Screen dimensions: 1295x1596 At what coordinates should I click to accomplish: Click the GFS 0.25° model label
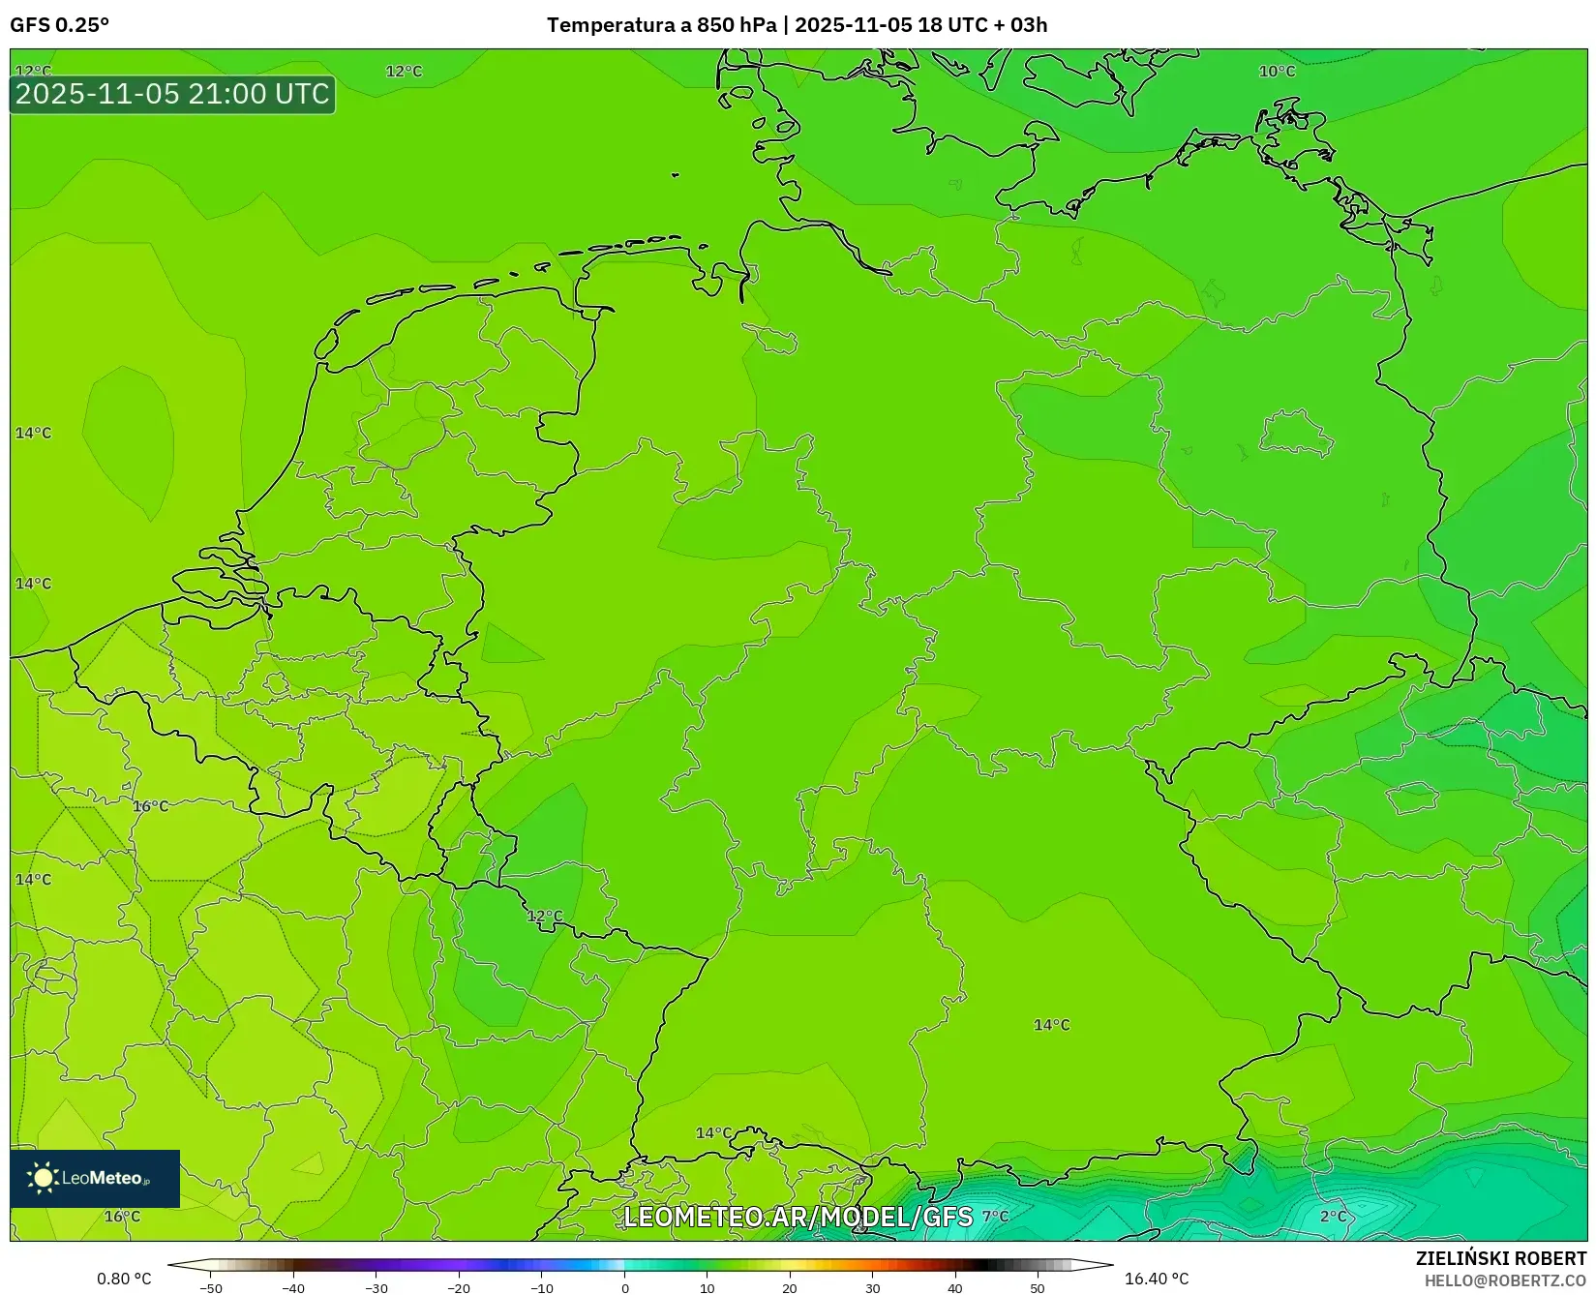click(x=59, y=25)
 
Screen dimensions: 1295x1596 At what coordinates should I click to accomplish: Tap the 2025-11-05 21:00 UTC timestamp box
click(x=172, y=94)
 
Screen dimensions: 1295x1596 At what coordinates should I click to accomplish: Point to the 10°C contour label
click(x=1277, y=72)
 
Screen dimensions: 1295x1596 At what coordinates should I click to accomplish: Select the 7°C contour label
click(x=995, y=1217)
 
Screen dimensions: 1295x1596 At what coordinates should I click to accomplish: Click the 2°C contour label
click(x=1333, y=1217)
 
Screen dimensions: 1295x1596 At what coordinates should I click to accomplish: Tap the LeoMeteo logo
click(x=95, y=1178)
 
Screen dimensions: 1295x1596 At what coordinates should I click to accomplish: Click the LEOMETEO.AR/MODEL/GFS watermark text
click(x=798, y=1217)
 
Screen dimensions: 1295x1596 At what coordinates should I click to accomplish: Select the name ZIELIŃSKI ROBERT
click(x=1500, y=1258)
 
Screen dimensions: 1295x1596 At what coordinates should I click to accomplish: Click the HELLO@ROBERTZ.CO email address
click(x=1505, y=1280)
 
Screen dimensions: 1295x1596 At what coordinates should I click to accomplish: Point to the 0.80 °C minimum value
click(x=124, y=1279)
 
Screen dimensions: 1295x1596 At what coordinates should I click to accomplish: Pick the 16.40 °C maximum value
click(x=1157, y=1279)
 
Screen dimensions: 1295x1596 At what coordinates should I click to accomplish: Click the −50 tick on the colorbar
click(x=210, y=1288)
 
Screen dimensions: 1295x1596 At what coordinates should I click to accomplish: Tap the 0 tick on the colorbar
click(x=625, y=1288)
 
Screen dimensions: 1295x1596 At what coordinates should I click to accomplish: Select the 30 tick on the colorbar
click(x=873, y=1288)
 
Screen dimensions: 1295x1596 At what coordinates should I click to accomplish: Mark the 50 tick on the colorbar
click(x=1038, y=1288)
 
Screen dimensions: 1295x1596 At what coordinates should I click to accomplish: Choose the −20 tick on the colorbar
click(x=459, y=1288)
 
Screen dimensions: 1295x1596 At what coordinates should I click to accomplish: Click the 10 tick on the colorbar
click(x=708, y=1288)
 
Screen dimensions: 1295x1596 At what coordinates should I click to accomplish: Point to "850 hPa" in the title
click(x=737, y=25)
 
